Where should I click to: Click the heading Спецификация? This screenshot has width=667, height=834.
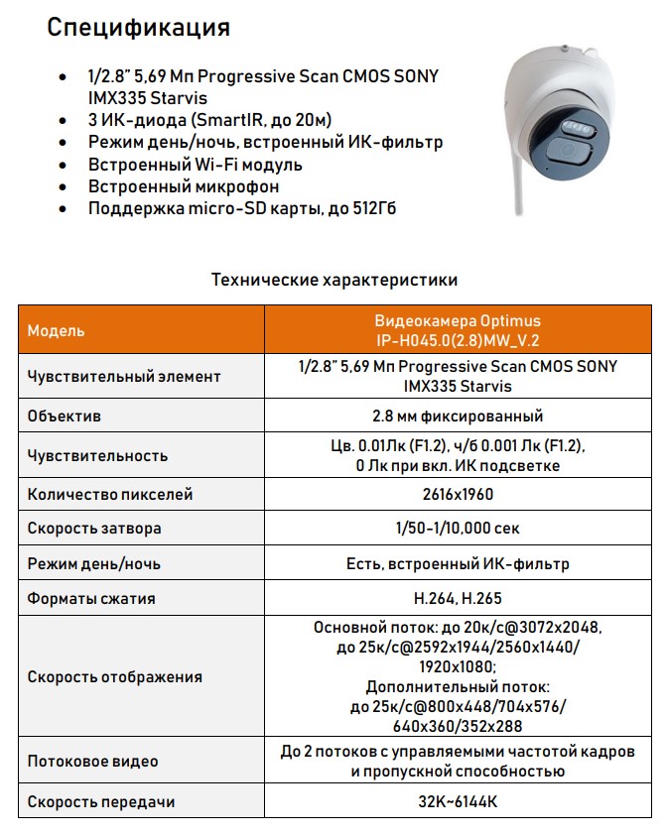click(x=139, y=27)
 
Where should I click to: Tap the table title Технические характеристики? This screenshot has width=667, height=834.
click(x=334, y=280)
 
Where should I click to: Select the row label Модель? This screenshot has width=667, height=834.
click(x=57, y=330)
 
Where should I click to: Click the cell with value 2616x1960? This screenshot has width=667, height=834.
click(x=458, y=494)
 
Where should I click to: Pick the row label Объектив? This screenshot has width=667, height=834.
click(x=65, y=417)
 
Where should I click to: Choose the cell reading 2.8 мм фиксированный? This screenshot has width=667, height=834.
click(x=458, y=417)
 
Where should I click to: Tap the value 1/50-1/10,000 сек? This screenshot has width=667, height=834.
click(x=458, y=529)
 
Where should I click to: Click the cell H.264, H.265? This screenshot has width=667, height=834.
click(x=458, y=599)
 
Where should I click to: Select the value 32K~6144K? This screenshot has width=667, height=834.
click(x=458, y=801)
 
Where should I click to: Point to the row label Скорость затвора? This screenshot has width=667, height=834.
click(x=94, y=529)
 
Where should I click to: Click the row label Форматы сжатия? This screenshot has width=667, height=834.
click(x=91, y=599)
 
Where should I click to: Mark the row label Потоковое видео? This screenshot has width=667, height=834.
click(x=93, y=762)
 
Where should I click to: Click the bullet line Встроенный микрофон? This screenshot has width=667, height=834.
click(x=184, y=186)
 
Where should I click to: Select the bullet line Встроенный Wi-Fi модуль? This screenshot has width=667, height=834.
click(x=196, y=165)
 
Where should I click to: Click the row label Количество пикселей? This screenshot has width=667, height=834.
click(x=110, y=494)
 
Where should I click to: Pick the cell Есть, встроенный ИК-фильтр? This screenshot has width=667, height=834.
click(x=458, y=564)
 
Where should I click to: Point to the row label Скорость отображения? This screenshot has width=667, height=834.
click(x=115, y=677)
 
